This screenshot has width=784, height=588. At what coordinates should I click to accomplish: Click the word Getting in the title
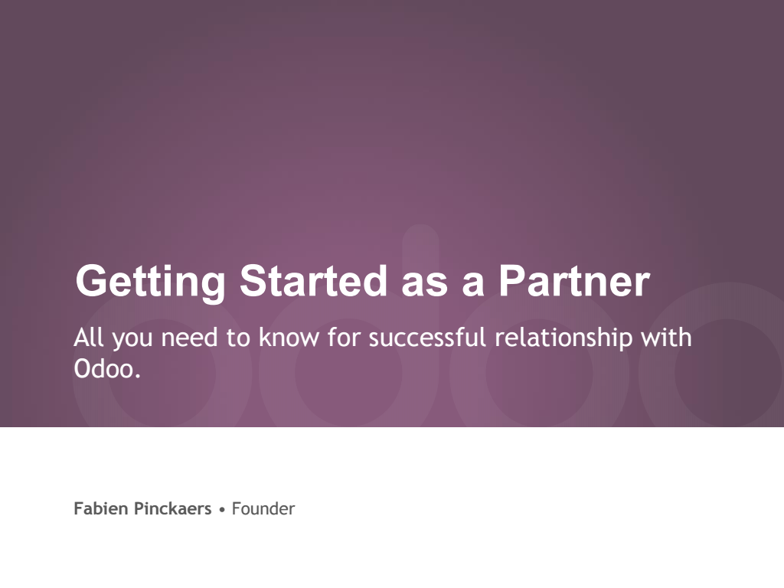pyautogui.click(x=150, y=283)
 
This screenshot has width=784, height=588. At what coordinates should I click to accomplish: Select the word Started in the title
pyautogui.click(x=313, y=281)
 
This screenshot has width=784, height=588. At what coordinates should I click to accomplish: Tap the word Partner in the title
pyautogui.click(x=574, y=281)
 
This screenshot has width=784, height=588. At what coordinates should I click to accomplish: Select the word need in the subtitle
pyautogui.click(x=190, y=338)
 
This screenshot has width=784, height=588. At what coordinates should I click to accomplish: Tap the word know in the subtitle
pyautogui.click(x=289, y=338)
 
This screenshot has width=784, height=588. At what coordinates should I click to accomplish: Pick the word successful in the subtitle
pyautogui.click(x=427, y=338)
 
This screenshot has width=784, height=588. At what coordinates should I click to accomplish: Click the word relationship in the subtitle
pyautogui.click(x=563, y=340)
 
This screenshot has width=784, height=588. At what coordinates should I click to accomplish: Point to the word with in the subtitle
pyautogui.click(x=667, y=338)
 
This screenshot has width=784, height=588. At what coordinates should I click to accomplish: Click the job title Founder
pyautogui.click(x=263, y=508)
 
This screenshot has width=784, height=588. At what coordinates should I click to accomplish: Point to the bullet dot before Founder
pyautogui.click(x=222, y=510)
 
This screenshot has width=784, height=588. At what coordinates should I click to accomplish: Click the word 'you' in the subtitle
pyautogui.click(x=132, y=340)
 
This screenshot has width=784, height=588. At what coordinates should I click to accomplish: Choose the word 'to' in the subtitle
pyautogui.click(x=238, y=338)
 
